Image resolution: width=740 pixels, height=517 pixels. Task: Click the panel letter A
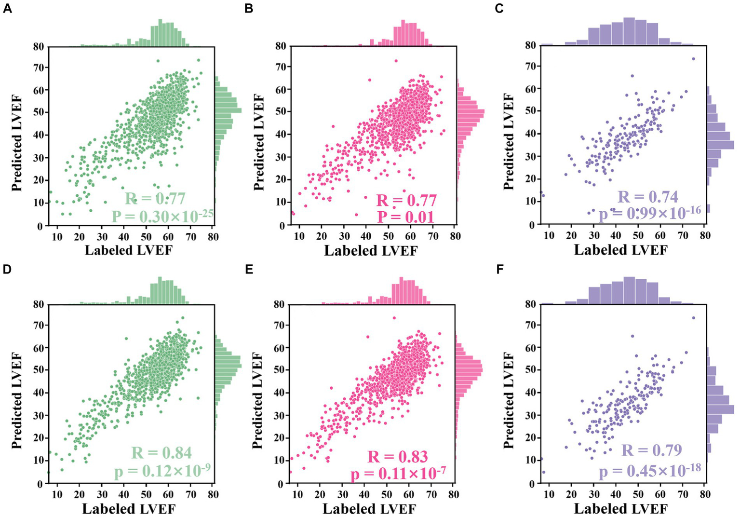coord(7,9)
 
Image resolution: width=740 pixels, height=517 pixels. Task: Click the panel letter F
coord(499,269)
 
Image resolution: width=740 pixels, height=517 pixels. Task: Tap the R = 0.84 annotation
coord(161,453)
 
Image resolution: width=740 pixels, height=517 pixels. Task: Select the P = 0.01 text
coord(405,217)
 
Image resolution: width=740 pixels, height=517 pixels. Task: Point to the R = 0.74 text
coord(647,197)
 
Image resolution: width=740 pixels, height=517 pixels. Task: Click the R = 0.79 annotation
coord(651,450)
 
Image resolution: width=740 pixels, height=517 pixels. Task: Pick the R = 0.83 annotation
coord(398,457)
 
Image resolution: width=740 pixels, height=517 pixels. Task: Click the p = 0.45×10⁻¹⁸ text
coord(649,470)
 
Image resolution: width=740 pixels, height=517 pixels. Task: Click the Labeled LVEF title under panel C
coord(620,250)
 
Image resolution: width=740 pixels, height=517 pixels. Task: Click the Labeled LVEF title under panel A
coord(128,250)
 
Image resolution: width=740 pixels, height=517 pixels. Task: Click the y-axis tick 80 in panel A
coord(39,47)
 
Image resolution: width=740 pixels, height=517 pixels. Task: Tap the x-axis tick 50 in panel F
coord(638,494)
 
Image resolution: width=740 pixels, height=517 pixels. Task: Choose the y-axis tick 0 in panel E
coord(281,483)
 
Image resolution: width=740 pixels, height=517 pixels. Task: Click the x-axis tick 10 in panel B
coord(299,236)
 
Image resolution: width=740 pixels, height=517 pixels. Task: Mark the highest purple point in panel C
coord(693,59)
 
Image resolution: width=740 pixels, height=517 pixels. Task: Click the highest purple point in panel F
coord(693,317)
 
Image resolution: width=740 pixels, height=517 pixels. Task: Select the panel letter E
coord(249,269)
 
